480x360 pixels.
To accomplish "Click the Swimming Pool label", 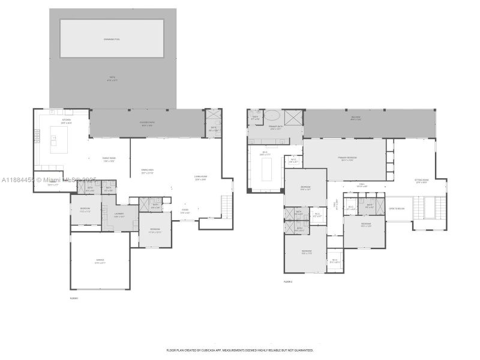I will click(x=112, y=39).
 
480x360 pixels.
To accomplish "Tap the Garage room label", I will click(x=100, y=262).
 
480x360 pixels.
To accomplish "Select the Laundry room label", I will click(x=119, y=214).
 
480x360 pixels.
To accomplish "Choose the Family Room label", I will click(x=109, y=159).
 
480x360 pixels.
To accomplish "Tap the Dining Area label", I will click(x=148, y=172).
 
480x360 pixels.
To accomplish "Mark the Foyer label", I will click(x=185, y=212).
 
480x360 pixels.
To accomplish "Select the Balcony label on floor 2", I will click(x=355, y=119).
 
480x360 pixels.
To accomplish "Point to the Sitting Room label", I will click(x=422, y=181).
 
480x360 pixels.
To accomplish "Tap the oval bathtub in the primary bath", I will click(x=272, y=116).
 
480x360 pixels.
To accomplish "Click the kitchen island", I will click(x=59, y=144).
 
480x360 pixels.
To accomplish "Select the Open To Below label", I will click(x=397, y=209).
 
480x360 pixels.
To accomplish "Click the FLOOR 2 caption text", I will click(x=288, y=281).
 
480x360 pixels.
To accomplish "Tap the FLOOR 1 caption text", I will click(x=74, y=298).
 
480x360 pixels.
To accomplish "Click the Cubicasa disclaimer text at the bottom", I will click(x=239, y=350).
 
